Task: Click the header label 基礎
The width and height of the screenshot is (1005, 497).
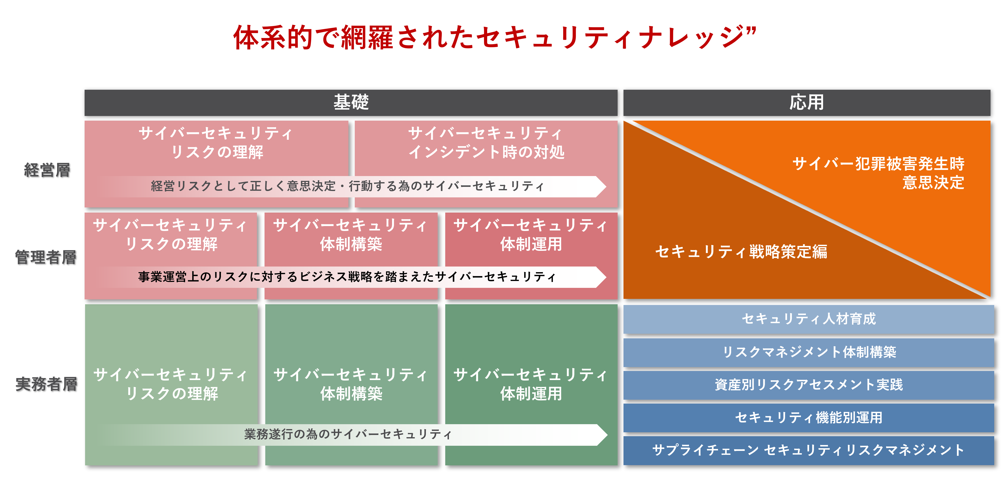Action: pyautogui.click(x=351, y=102)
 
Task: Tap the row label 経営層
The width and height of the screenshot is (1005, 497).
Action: pyautogui.click(x=47, y=170)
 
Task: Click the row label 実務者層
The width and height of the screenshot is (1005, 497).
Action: pyautogui.click(x=46, y=384)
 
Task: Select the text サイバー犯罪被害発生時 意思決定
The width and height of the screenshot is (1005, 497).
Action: pyautogui.click(x=878, y=173)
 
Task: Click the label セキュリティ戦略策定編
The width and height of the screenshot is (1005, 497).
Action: pyautogui.click(x=741, y=252)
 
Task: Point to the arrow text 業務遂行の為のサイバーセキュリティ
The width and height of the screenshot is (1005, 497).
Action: pyautogui.click(x=348, y=434)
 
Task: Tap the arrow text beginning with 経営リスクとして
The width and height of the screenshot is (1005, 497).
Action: pyautogui.click(x=347, y=186)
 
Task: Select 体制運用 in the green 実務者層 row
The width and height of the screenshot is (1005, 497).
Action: pyautogui.click(x=531, y=394)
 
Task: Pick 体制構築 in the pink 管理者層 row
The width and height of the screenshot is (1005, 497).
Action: pyautogui.click(x=351, y=244)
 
